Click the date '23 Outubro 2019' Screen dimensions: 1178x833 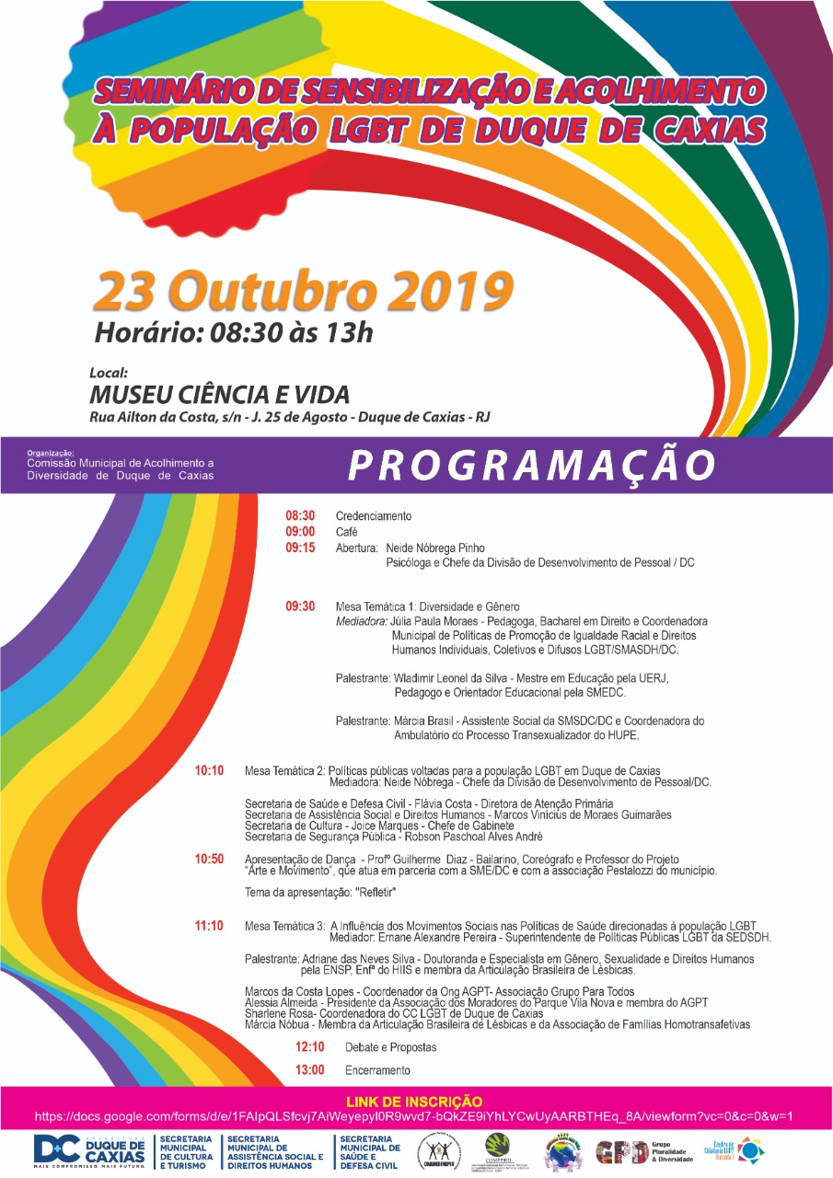point(302,292)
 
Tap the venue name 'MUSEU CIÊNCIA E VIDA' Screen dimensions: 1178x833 point(219,395)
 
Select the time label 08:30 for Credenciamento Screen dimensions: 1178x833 point(300,516)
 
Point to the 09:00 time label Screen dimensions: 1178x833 point(300,532)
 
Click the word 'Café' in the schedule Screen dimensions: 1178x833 point(346,532)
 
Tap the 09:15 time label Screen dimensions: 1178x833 point(300,548)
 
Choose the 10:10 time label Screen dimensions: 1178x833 point(209,770)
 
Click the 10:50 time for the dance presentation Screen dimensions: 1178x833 point(209,859)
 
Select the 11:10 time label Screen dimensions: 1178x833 point(209,926)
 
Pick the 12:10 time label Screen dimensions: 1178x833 point(310,1047)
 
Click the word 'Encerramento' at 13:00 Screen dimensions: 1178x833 point(377,1070)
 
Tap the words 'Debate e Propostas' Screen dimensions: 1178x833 point(390,1047)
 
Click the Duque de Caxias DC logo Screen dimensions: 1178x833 point(89,1150)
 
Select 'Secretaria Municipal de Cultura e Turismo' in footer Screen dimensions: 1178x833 point(188,1150)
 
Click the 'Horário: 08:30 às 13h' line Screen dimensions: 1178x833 point(234,332)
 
